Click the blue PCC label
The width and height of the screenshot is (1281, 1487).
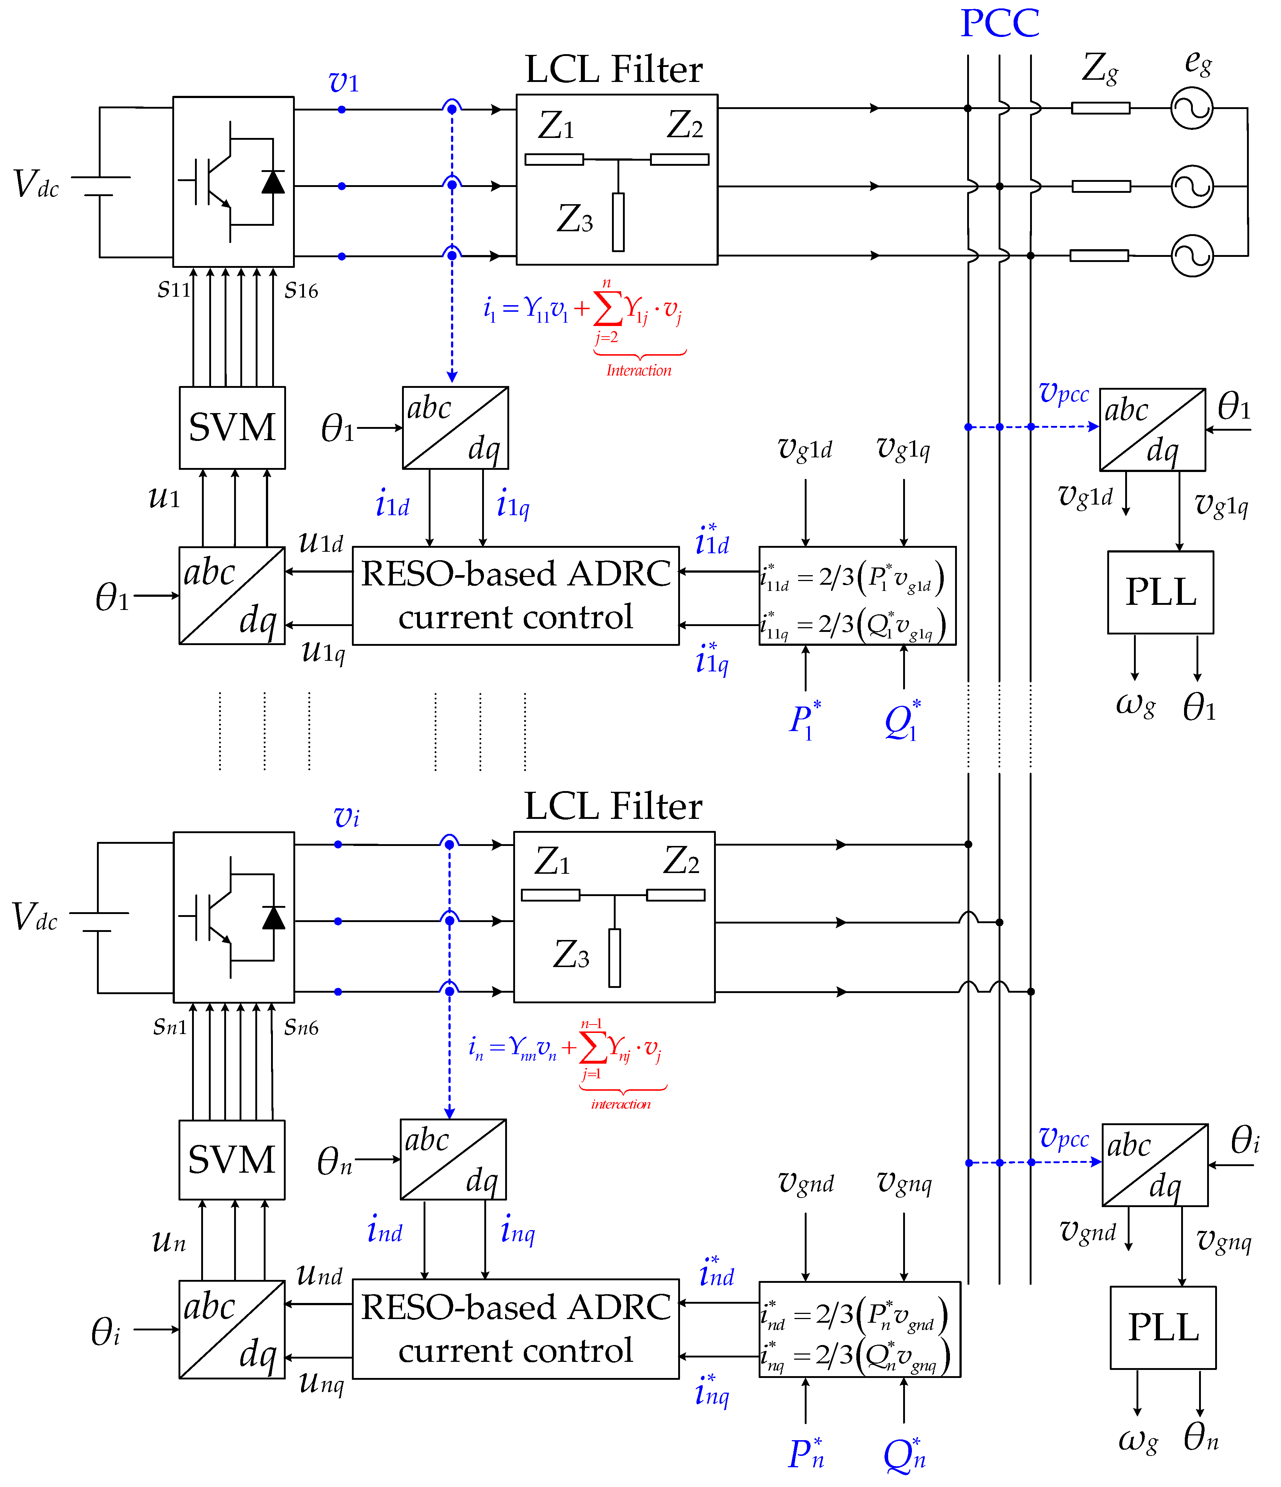click(x=1000, y=24)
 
